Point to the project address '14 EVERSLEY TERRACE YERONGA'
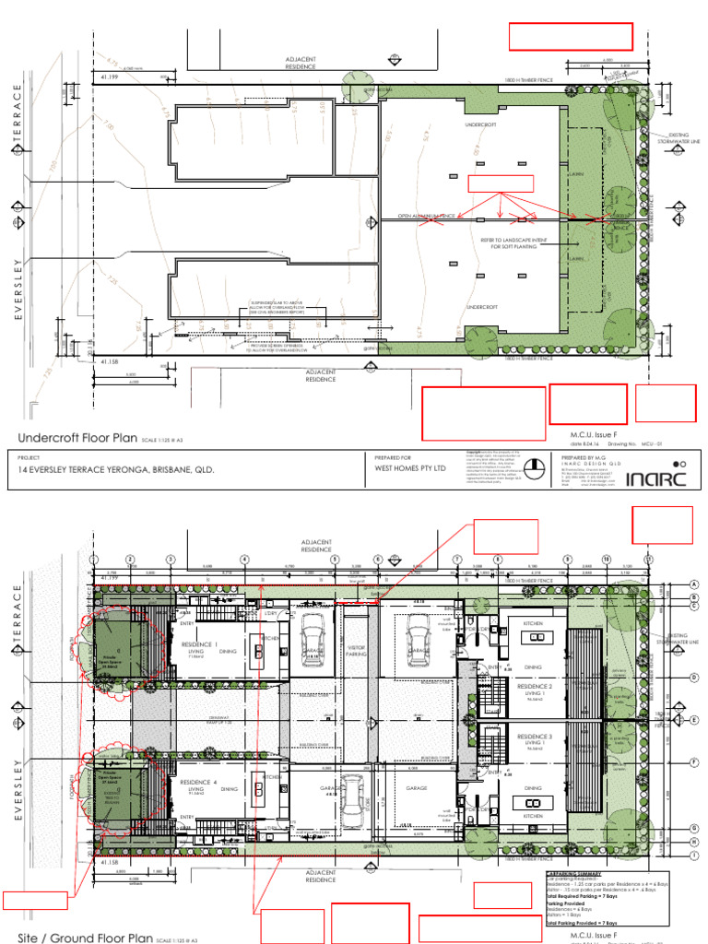[x=116, y=469]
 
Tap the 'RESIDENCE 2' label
[x=534, y=687]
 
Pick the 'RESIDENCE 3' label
[x=534, y=737]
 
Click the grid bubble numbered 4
[x=244, y=560]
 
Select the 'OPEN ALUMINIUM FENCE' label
[x=422, y=218]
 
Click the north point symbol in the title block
[x=679, y=463]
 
